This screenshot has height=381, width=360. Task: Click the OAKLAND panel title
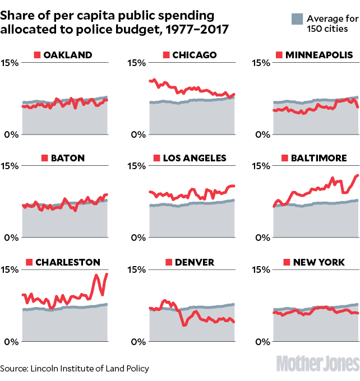[x=68, y=54]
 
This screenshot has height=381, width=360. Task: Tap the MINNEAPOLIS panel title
[x=319, y=54]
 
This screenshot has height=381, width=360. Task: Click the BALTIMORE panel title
[x=319, y=158]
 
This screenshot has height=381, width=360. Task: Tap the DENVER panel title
[x=194, y=262]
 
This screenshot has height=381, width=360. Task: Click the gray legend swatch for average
[x=297, y=20]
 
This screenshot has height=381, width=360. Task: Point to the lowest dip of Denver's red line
[x=184, y=325]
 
